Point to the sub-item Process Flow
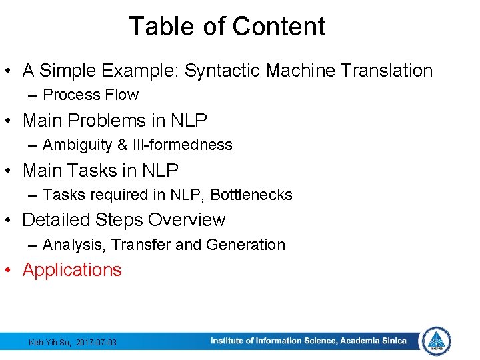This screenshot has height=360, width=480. (91, 95)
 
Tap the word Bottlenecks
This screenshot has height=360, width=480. (251, 195)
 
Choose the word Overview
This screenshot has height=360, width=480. (187, 220)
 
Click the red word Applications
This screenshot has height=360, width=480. (72, 270)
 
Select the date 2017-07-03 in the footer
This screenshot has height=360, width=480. (96, 342)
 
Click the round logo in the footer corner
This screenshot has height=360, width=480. (437, 341)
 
